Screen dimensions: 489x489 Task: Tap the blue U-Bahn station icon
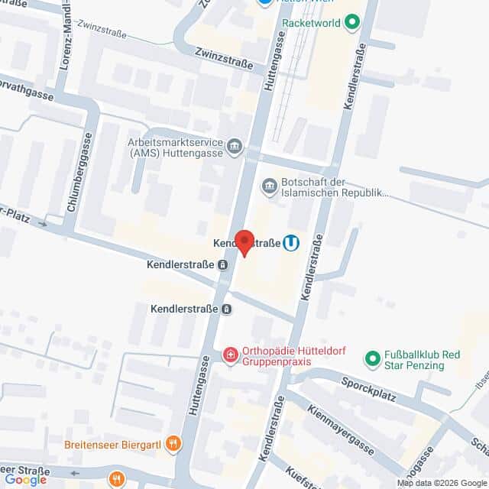291,242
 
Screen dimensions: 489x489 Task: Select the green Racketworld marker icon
352,23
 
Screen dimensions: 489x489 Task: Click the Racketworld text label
311,23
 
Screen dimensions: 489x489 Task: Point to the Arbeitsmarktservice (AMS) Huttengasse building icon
235,146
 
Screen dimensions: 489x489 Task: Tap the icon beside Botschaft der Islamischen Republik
269,186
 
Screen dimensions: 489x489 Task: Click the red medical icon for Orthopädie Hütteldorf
230,355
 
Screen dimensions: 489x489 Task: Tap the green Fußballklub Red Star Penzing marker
373,358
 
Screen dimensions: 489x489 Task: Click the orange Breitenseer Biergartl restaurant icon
174,442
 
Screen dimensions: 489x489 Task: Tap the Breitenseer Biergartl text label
117,443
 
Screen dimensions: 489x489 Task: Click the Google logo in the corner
25,479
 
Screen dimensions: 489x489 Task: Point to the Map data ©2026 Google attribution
442,483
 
